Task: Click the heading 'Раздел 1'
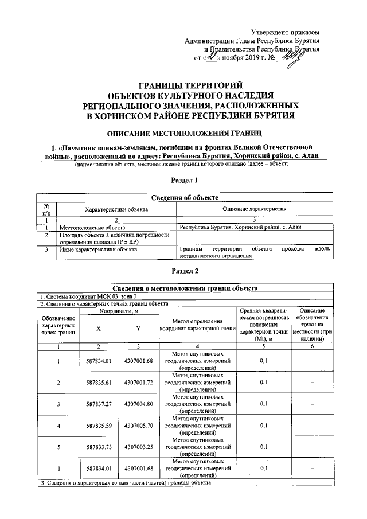point(185,181)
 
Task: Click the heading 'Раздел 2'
point(185,270)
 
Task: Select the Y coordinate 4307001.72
point(137,381)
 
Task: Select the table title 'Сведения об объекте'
point(185,198)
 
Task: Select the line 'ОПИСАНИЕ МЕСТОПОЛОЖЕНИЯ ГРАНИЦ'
point(185,134)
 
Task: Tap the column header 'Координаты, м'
point(118,310)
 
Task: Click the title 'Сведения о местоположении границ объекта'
point(185,288)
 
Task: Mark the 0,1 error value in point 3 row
point(264,403)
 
